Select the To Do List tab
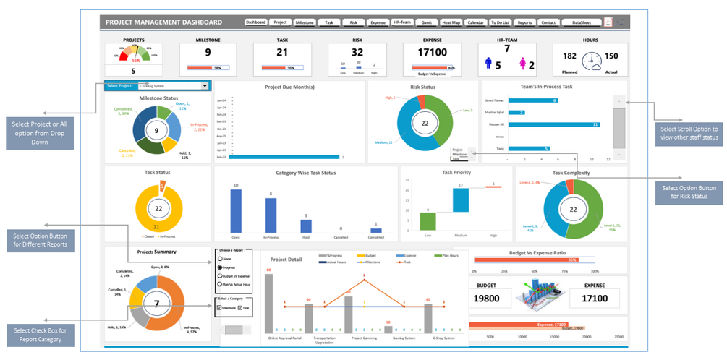coord(499,22)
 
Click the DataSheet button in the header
coord(581,22)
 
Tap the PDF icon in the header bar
coord(608,22)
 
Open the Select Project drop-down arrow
coord(205,86)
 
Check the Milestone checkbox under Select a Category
coord(219,307)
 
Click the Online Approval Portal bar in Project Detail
coord(269,302)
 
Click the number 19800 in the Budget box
coord(492,298)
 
